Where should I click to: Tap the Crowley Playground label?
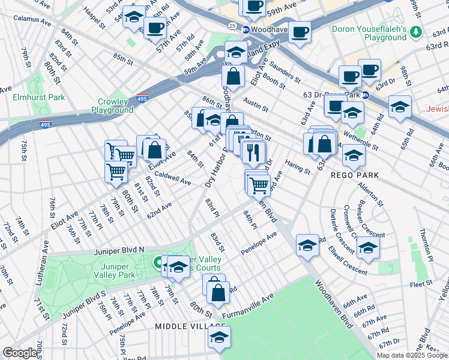coord(112,106)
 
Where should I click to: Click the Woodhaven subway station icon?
coord(246,29)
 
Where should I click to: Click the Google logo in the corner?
coord(20,353)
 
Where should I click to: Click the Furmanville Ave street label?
coord(248,306)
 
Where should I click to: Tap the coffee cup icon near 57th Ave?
coord(155,28)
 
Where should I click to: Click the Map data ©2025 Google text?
coord(412,355)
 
